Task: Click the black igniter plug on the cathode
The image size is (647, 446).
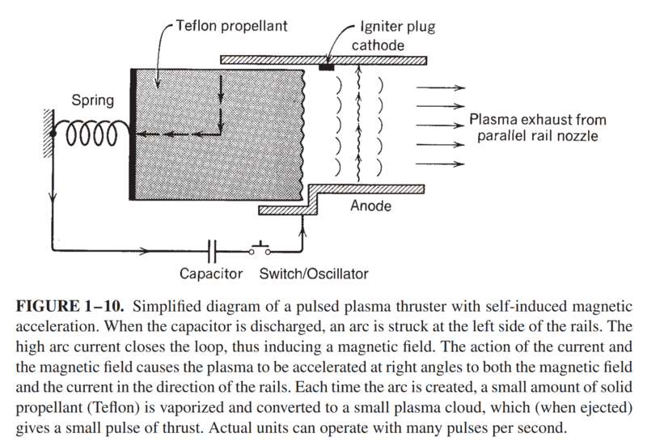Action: pyautogui.click(x=328, y=66)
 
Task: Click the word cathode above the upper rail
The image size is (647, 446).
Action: pyautogui.click(x=378, y=46)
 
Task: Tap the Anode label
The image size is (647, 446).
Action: pyautogui.click(x=371, y=206)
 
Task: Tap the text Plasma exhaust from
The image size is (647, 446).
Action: pyautogui.click(x=538, y=120)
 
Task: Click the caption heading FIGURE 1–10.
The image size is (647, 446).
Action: pyautogui.click(x=69, y=306)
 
